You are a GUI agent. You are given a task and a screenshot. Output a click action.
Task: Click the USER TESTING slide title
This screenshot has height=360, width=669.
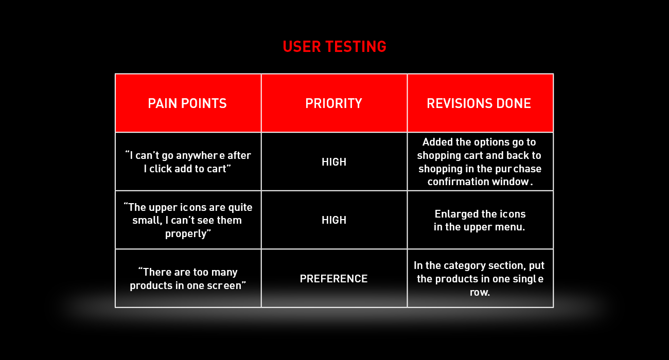[x=334, y=47]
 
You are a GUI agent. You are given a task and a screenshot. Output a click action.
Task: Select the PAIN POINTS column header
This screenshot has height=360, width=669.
[x=187, y=103]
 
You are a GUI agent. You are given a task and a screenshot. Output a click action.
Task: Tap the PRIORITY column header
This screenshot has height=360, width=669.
[x=333, y=103]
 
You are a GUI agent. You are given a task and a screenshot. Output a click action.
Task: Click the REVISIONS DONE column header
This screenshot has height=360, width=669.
[x=479, y=103]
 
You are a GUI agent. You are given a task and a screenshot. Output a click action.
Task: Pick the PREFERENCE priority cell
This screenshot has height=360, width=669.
[x=333, y=279]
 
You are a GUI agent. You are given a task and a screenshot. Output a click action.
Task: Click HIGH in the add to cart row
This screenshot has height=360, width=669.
[x=334, y=162]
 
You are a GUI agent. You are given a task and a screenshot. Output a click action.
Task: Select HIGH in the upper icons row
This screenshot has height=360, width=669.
[x=334, y=220]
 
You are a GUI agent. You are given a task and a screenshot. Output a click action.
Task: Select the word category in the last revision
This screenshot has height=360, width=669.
[x=469, y=266]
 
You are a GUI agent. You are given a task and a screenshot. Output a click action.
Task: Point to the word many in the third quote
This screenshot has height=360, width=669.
[x=224, y=273]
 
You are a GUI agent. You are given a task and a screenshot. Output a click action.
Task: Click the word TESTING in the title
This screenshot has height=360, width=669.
[x=356, y=47]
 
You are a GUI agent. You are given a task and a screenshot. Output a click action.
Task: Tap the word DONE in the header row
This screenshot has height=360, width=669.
[x=514, y=103]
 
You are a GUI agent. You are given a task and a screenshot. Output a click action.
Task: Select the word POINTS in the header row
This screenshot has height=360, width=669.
[x=204, y=103]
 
